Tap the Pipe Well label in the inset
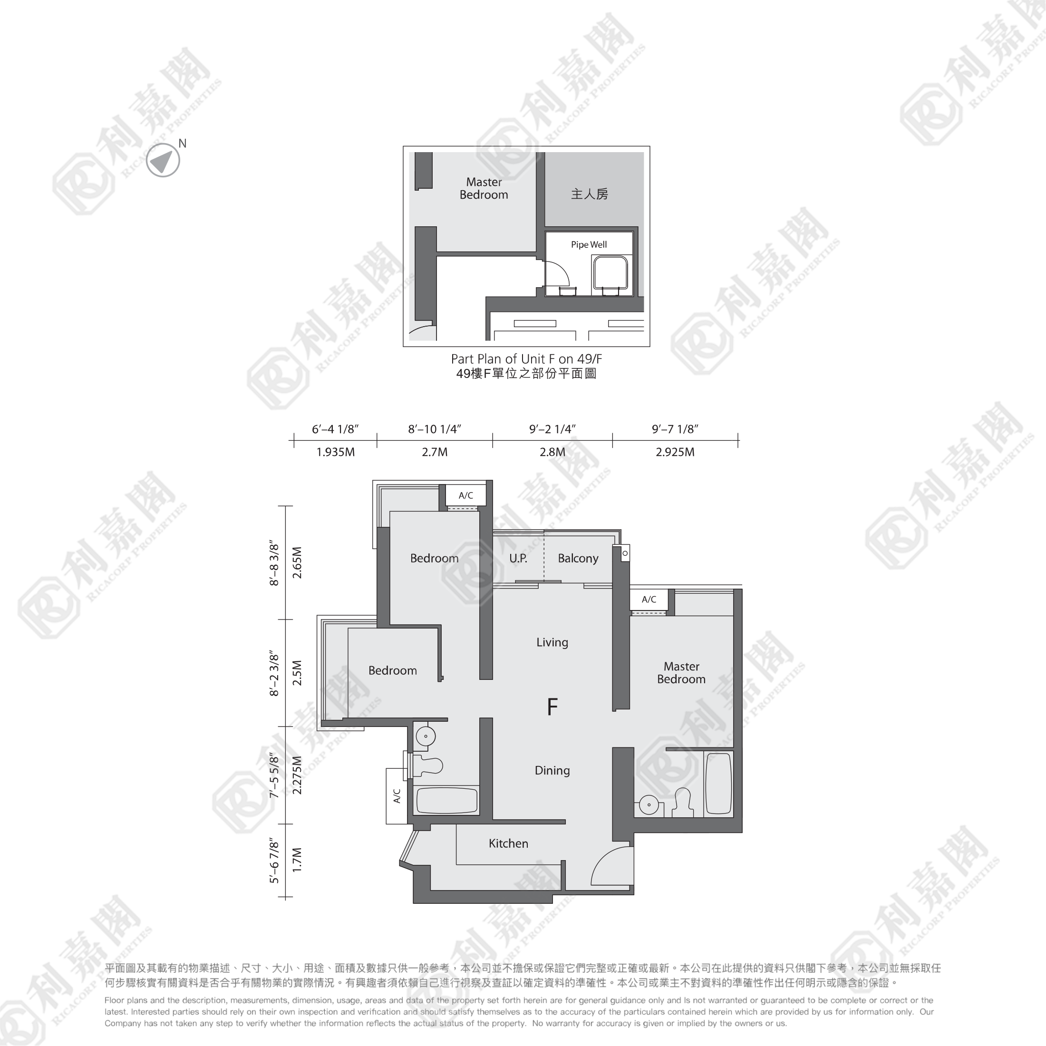[589, 245]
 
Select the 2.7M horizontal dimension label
[435, 452]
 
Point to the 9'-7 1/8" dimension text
[675, 429]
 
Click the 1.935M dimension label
[336, 452]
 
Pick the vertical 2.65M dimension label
[297, 562]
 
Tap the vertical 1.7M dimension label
[297, 860]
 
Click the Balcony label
[578, 558]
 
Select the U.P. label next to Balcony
[518, 558]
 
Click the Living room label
[552, 642]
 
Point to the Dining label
[552, 770]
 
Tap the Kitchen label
[508, 843]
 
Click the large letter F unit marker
[552, 707]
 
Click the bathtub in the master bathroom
[719, 784]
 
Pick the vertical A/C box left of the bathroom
[397, 796]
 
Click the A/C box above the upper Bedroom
[465, 495]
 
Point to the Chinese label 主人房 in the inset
[590, 194]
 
